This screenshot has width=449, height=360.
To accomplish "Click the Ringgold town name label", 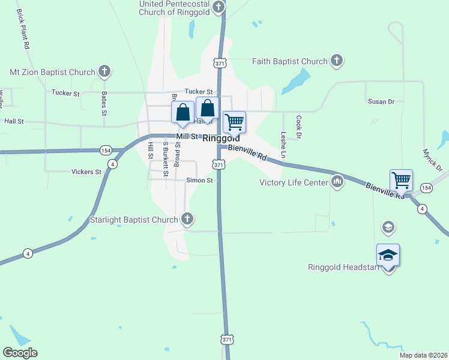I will click(x=221, y=137).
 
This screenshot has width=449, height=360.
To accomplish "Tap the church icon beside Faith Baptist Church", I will click(x=337, y=61).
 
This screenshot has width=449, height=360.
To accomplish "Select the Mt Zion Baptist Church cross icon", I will click(x=104, y=72).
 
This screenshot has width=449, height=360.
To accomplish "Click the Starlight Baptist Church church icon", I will click(x=187, y=220).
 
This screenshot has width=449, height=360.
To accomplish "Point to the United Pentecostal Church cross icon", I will click(x=218, y=7).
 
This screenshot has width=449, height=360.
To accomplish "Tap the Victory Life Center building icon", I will click(x=337, y=182).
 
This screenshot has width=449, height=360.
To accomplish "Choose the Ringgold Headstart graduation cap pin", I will click(x=388, y=255).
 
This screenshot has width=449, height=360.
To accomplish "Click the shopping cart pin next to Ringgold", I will click(x=234, y=122).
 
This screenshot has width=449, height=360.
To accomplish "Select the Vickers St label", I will click(x=86, y=172).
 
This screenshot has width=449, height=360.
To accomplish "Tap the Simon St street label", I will click(x=200, y=180).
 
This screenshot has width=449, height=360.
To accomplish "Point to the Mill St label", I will click(x=187, y=137).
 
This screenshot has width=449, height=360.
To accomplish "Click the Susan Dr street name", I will click(x=381, y=101).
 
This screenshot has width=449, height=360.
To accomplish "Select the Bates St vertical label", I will click(x=104, y=103).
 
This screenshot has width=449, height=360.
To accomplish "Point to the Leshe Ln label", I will click(x=283, y=145).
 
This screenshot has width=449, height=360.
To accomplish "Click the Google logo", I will click(x=20, y=353).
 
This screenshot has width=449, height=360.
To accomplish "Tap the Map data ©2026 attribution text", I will click(x=423, y=355).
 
